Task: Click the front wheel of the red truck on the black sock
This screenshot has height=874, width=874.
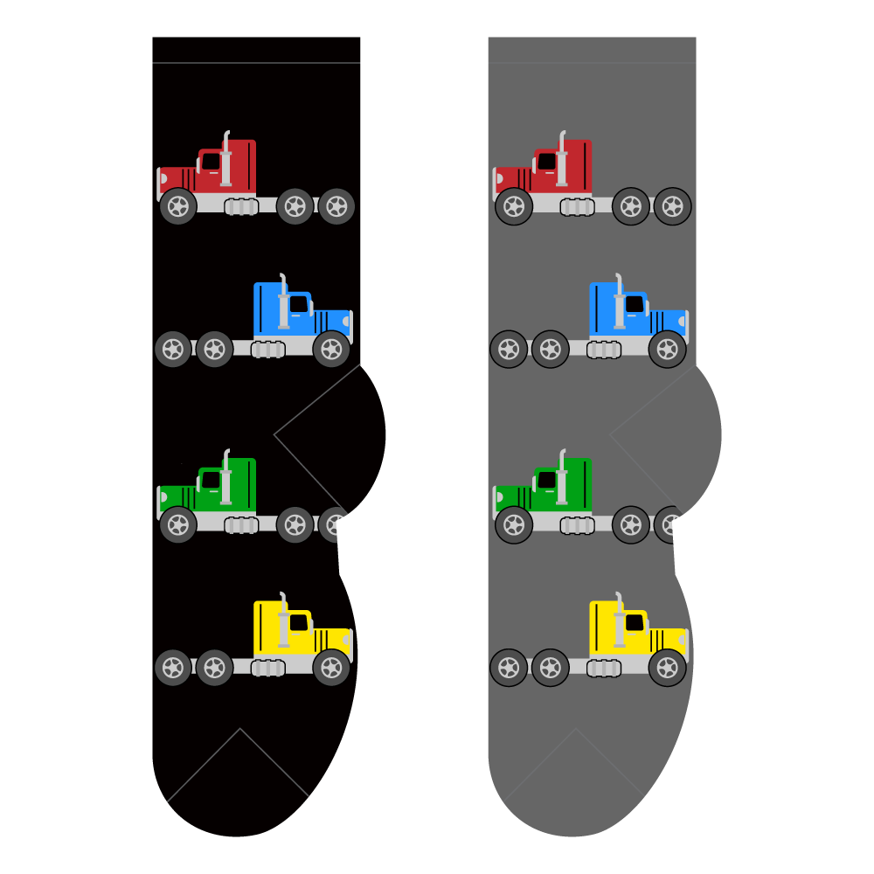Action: click(178, 206)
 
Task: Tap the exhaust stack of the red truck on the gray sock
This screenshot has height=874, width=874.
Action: click(561, 162)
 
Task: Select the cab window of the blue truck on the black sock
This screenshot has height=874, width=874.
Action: click(299, 304)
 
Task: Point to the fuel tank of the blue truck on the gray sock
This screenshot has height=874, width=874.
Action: click(604, 350)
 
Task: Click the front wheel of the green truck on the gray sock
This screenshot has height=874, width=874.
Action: click(514, 524)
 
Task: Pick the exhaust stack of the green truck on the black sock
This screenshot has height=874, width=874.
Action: click(225, 480)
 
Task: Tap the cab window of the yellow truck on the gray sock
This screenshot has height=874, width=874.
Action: click(635, 622)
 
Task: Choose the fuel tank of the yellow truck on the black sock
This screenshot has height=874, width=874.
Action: click(268, 668)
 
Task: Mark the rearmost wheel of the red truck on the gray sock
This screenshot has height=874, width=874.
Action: click(673, 206)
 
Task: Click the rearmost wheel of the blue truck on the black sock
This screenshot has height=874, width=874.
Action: click(173, 349)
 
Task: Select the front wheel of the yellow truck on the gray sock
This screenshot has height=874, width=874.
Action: click(667, 668)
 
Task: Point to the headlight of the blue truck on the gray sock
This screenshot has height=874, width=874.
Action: click(683, 322)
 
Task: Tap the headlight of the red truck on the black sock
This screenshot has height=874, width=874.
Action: click(163, 178)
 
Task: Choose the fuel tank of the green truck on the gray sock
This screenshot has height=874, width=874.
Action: click(578, 525)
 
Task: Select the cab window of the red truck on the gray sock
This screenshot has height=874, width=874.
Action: click(547, 162)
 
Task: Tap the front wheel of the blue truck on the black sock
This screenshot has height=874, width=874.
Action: click(331, 349)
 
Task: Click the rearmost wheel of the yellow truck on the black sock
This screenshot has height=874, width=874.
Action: click(173, 668)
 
